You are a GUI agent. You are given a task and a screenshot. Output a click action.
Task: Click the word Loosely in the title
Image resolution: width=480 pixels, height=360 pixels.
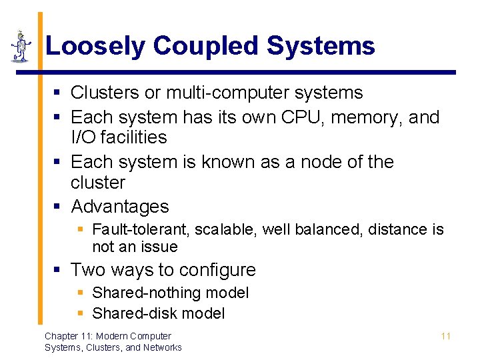(95, 47)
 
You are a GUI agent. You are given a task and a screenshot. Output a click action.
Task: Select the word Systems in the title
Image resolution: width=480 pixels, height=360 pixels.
(321, 47)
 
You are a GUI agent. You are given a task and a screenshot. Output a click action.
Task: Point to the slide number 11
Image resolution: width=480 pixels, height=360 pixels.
(445, 336)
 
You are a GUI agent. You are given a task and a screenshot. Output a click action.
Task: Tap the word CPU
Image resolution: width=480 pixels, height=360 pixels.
(297, 117)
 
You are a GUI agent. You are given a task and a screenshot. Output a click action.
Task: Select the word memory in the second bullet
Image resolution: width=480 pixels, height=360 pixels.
(364, 117)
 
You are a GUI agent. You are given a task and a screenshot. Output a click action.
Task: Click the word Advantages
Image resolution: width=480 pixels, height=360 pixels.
(119, 207)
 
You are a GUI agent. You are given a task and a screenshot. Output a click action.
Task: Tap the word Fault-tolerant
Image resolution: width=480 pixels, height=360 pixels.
(142, 230)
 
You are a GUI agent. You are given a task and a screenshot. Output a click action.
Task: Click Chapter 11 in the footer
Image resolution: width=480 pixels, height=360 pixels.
(69, 336)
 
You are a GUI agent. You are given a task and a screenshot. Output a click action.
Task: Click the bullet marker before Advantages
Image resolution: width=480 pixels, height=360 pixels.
(58, 207)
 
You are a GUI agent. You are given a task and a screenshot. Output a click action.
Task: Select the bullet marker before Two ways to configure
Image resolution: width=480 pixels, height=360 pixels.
(58, 270)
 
